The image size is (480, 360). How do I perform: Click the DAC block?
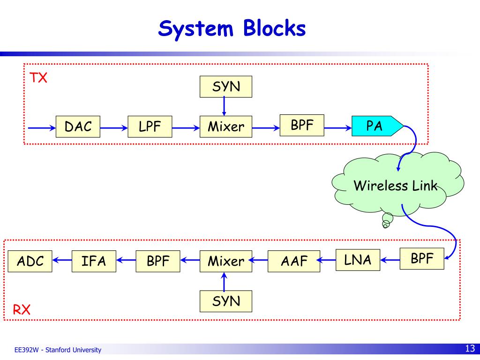click(x=78, y=127)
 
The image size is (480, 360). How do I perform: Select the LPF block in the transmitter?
click(x=150, y=127)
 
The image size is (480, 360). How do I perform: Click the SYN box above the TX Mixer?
click(x=226, y=87)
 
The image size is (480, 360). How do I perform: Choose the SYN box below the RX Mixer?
click(x=226, y=301)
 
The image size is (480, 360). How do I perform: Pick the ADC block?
click(x=30, y=261)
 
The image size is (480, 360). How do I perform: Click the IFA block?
click(x=94, y=261)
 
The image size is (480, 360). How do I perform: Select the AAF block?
click(x=294, y=261)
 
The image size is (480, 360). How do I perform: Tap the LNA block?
click(x=358, y=260)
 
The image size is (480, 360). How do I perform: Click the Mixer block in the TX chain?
click(x=226, y=127)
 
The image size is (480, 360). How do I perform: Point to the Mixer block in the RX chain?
click(x=226, y=261)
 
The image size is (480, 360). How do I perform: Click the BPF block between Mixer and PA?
click(x=302, y=125)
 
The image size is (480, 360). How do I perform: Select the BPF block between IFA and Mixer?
click(x=158, y=261)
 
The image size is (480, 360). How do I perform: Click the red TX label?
click(x=38, y=78)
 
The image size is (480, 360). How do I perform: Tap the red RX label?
click(x=22, y=310)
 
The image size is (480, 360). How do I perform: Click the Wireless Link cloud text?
click(x=396, y=186)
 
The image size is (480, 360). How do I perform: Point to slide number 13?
click(x=470, y=348)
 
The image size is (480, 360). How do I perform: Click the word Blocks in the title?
click(x=275, y=28)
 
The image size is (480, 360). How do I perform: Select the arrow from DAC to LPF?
click(x=114, y=127)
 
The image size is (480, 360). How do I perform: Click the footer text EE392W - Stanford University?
click(x=58, y=350)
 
